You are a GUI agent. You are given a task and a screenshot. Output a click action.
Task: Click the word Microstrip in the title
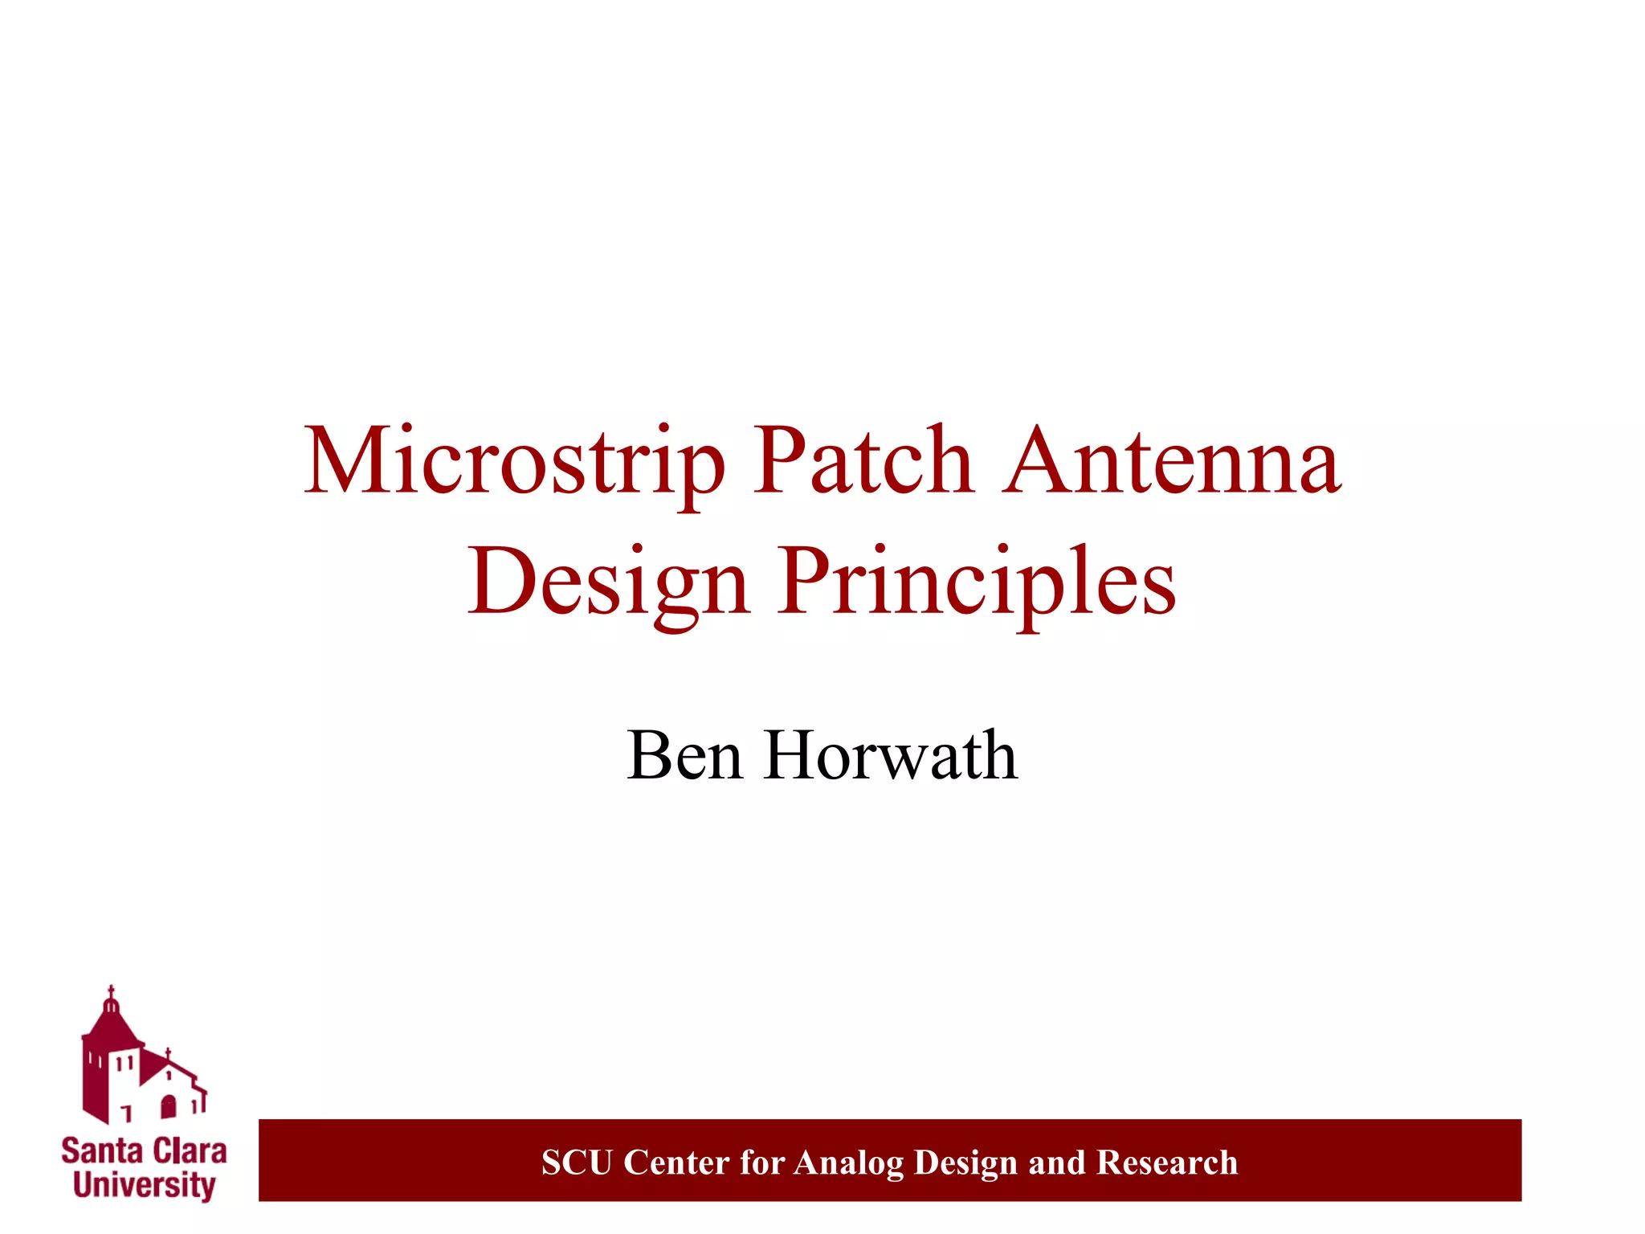(514, 462)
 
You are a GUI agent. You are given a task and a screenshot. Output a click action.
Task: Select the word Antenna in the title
(1173, 462)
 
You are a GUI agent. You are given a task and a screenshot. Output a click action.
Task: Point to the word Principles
(976, 582)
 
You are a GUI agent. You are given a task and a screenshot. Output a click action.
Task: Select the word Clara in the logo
(190, 1151)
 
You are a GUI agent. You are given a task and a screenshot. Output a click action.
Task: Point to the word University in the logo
(145, 1186)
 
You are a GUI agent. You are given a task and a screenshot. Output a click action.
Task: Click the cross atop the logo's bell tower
(112, 991)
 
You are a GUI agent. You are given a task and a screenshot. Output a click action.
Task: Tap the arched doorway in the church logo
(168, 1107)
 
